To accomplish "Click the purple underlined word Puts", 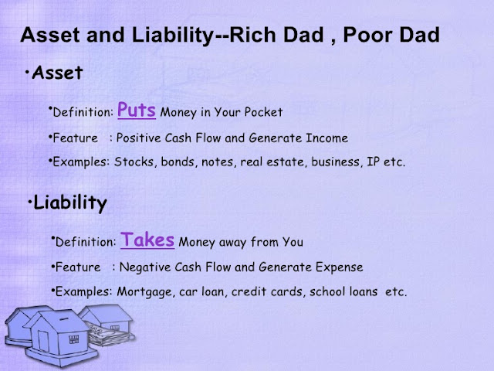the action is click(137, 110).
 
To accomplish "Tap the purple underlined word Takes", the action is click(147, 240).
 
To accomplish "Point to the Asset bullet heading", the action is click(57, 73).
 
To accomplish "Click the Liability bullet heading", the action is click(70, 203).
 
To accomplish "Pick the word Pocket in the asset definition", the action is click(263, 112).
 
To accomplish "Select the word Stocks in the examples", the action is click(134, 162).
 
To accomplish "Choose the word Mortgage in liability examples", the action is click(144, 292).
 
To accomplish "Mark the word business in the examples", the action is click(335, 162).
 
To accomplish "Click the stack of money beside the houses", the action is click(109, 335).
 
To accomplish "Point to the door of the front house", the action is click(43, 341).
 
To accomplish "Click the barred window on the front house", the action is click(74, 339).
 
